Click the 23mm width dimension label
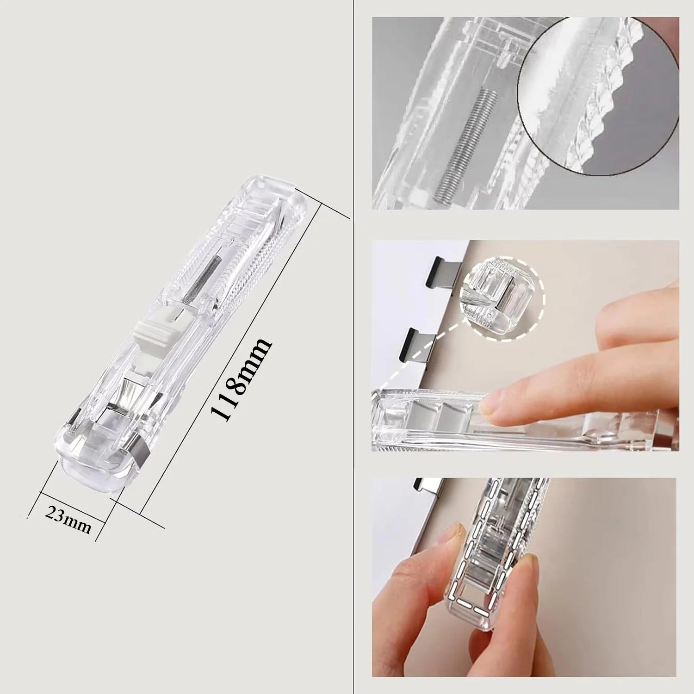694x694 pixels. click(68, 520)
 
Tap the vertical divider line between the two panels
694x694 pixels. click(353, 347)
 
